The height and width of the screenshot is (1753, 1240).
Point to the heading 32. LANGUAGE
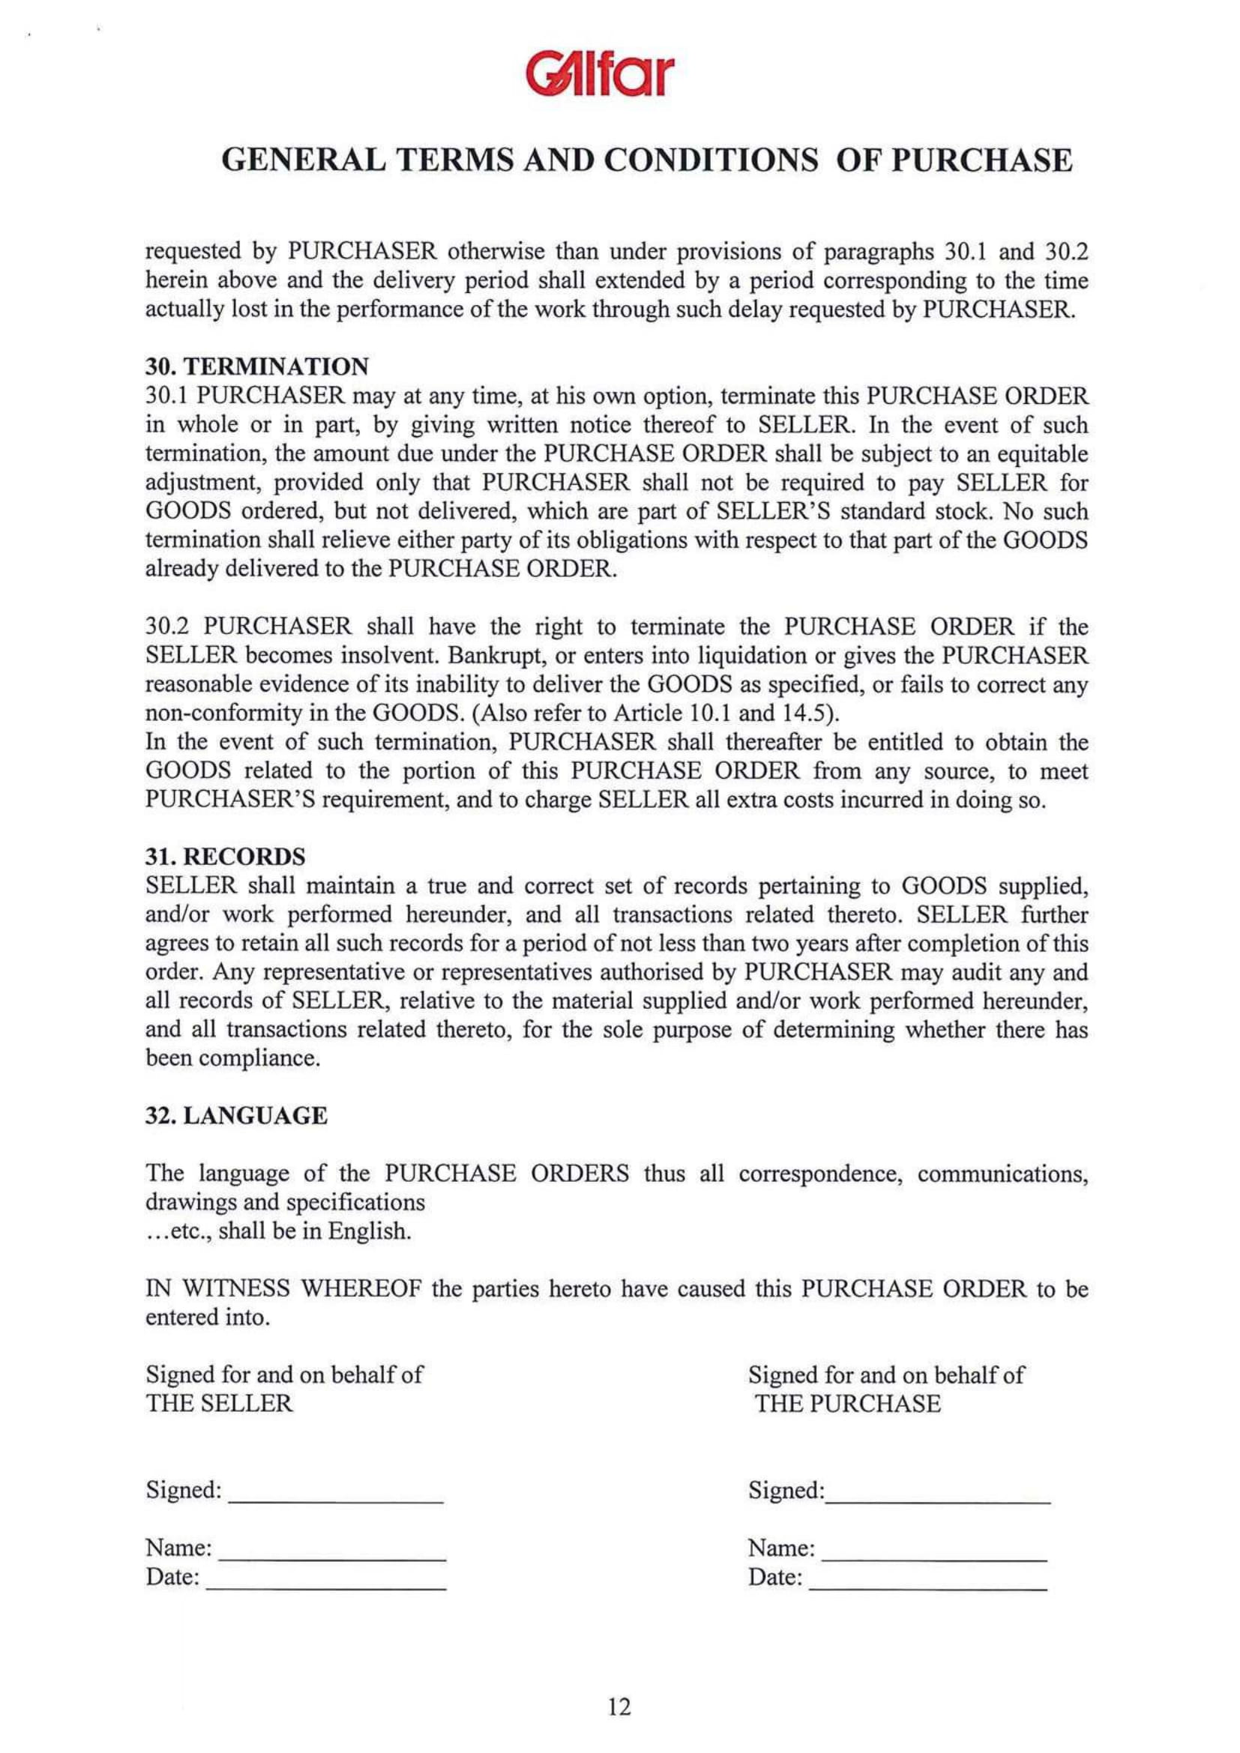coord(237,1116)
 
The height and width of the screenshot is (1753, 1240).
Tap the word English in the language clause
coord(369,1232)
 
